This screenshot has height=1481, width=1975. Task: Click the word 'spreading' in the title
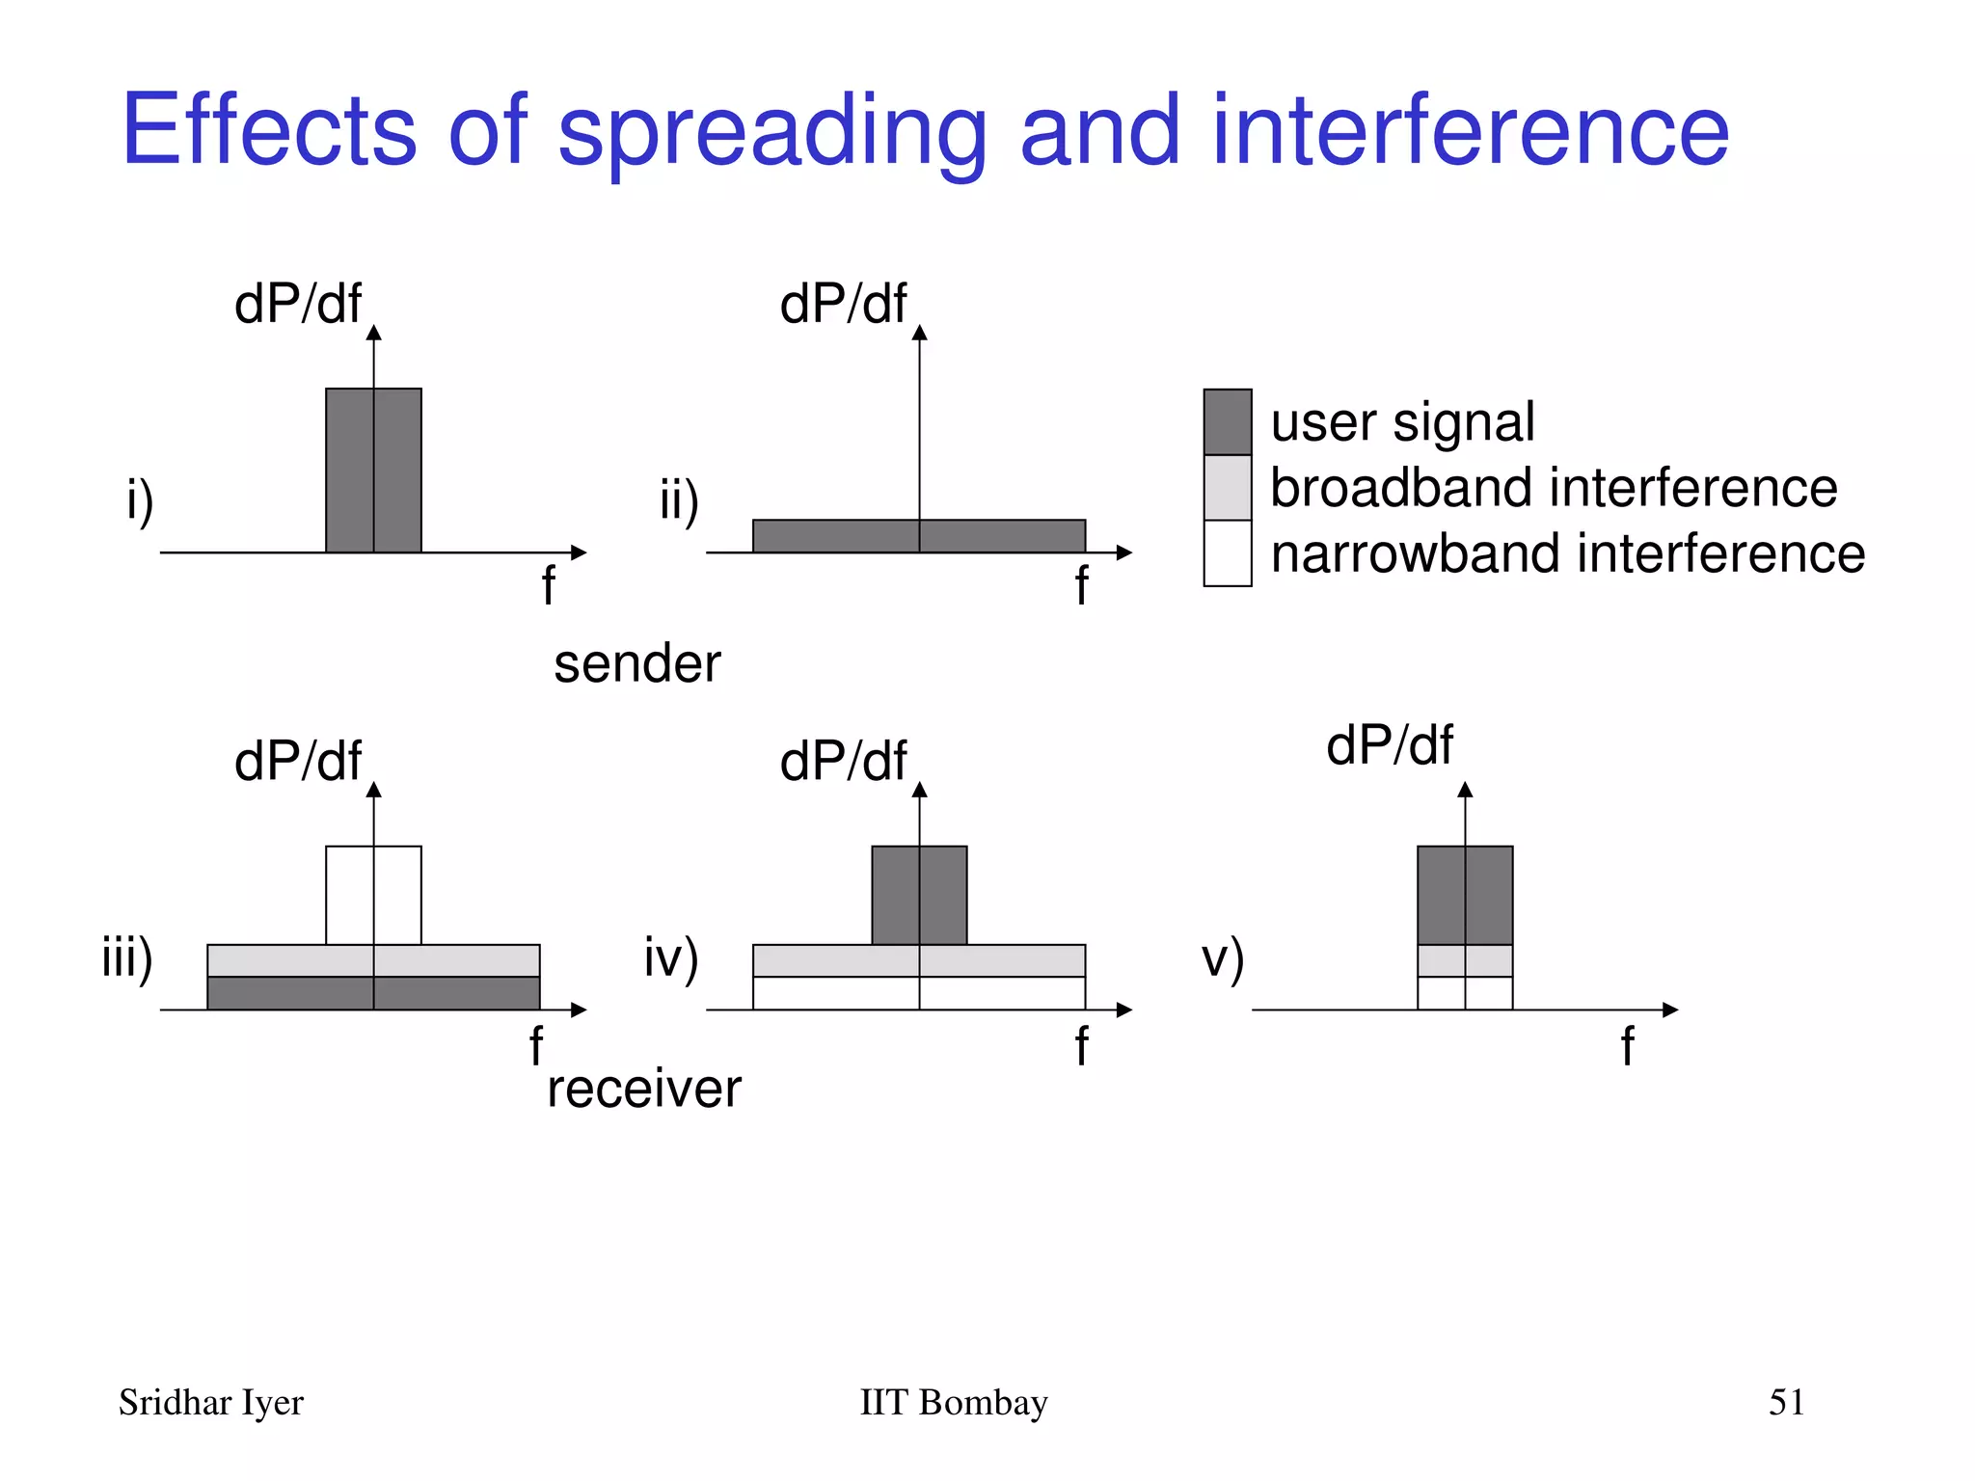pyautogui.click(x=771, y=133)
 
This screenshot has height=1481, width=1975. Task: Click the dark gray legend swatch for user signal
pyautogui.click(x=1228, y=422)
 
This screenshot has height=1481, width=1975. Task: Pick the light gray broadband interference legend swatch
pyautogui.click(x=1228, y=488)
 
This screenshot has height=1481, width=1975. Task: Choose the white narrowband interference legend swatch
pyautogui.click(x=1228, y=553)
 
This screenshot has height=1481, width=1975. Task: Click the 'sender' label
pyautogui.click(x=636, y=664)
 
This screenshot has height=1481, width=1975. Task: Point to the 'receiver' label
pyautogui.click(x=643, y=1090)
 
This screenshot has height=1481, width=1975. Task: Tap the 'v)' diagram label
pyautogui.click(x=1222, y=958)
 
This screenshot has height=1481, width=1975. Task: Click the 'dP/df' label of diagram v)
pyautogui.click(x=1389, y=745)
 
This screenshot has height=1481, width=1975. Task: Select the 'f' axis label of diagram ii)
pyautogui.click(x=1081, y=586)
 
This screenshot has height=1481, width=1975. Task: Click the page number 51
pyautogui.click(x=1786, y=1402)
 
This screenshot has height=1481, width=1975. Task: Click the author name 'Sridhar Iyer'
pyautogui.click(x=210, y=1403)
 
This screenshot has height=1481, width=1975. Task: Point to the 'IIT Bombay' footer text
pyautogui.click(x=953, y=1403)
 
